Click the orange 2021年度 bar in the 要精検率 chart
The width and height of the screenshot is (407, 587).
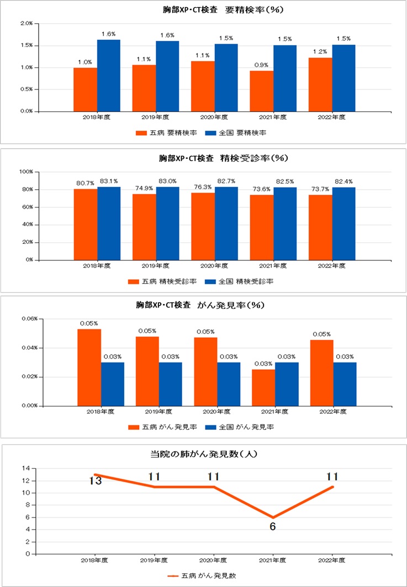(261, 90)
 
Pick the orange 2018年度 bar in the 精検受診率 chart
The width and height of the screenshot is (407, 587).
(85, 224)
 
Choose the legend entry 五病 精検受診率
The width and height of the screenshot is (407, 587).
(162, 281)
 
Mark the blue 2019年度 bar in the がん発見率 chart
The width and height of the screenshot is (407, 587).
(170, 383)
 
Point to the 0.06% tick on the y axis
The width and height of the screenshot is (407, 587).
(29, 319)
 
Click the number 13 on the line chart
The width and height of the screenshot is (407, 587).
(95, 481)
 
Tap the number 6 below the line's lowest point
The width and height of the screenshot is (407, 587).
(272, 526)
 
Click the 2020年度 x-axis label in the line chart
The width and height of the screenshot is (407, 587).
(213, 560)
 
